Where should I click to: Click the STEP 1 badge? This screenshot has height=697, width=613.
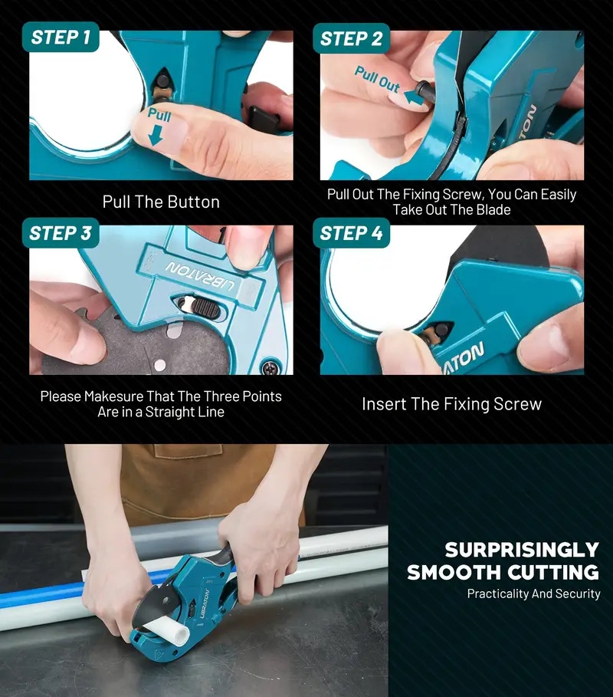61,37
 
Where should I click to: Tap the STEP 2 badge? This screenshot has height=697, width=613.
351,38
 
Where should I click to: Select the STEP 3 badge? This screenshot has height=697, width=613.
61,233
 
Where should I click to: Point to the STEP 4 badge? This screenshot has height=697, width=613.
351,233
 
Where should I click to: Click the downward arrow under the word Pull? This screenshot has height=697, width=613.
156,135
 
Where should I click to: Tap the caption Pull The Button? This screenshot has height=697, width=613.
161,202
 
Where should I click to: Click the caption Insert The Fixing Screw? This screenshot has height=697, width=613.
452,404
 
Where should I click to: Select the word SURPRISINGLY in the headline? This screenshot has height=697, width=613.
522,550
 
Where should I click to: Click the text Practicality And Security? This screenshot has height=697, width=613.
533,593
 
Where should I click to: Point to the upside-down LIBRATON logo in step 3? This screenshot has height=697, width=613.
200,277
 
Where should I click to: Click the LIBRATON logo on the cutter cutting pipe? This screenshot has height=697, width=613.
205,603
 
